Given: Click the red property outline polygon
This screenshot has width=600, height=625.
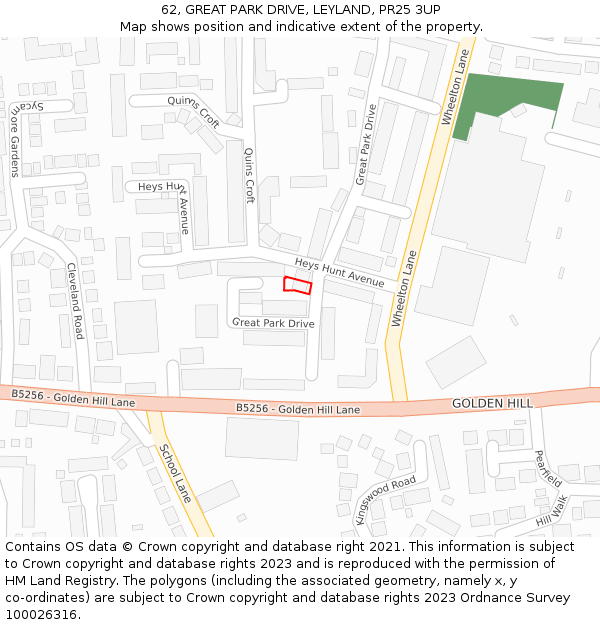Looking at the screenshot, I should pyautogui.click(x=297, y=285).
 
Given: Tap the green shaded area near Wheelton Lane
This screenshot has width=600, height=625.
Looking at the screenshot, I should pyautogui.click(x=505, y=100).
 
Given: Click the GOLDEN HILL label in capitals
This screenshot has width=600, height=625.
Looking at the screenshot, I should pyautogui.click(x=492, y=402).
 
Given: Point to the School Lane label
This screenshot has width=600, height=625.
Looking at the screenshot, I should pyautogui.click(x=175, y=473).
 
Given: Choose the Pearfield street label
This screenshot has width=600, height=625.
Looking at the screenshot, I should pyautogui.click(x=548, y=467).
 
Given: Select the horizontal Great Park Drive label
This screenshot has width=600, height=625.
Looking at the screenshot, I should pyautogui.click(x=273, y=323).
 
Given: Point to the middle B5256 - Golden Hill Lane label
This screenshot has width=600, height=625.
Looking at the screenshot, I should pyautogui.click(x=298, y=409).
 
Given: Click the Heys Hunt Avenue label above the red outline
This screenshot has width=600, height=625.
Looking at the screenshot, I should pyautogui.click(x=339, y=273).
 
